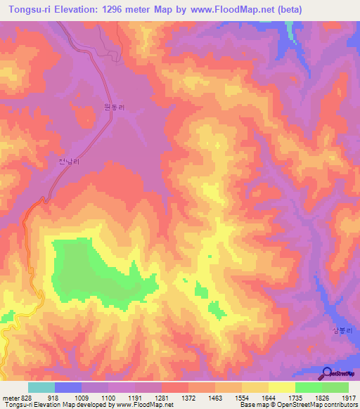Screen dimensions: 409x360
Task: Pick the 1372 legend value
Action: pos(188,397)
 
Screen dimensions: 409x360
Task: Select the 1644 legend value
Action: pos(269,397)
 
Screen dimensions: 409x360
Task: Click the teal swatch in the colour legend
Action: pos(41,387)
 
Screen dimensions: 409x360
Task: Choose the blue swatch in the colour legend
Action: pos(68,387)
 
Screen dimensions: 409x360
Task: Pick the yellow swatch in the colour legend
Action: pos(282,387)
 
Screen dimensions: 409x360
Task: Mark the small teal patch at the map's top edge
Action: pos(289,30)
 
